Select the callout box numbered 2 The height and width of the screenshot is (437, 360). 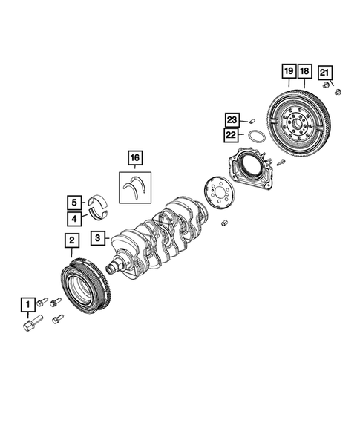tap(71, 240)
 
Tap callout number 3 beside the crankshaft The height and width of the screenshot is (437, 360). tap(97, 238)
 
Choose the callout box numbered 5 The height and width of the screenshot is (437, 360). tap(75, 202)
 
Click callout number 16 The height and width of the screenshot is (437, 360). tap(134, 157)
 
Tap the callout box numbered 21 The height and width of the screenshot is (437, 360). tap(325, 72)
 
